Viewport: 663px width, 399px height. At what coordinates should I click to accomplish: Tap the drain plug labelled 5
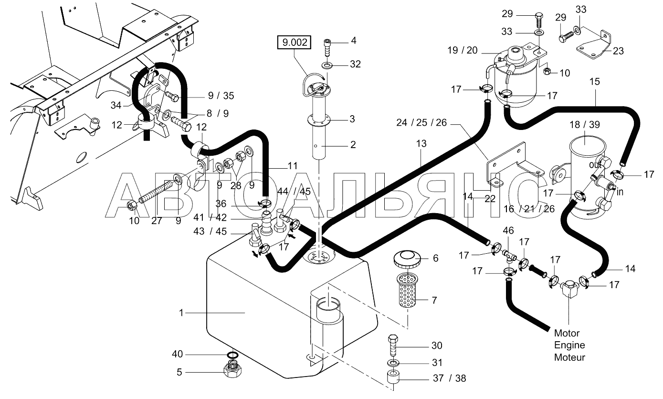point(233,371)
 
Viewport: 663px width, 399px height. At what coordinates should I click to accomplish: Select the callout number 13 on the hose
point(421,144)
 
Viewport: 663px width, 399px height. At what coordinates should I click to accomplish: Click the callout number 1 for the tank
point(181,313)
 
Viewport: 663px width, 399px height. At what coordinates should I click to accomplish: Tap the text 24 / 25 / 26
point(421,123)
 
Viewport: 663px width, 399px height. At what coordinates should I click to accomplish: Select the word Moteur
point(569,357)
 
